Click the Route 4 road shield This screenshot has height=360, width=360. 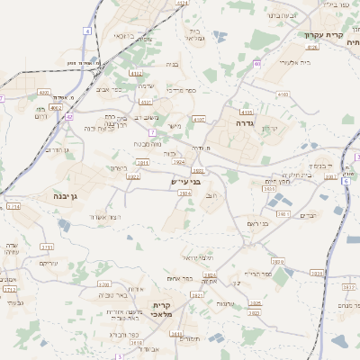(87, 31)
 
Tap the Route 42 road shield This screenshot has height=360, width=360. (69, 116)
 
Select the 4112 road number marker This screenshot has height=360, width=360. (136, 74)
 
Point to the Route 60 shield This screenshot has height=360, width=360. (257, 64)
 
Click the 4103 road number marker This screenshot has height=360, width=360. (283, 94)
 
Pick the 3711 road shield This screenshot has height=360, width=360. (47, 246)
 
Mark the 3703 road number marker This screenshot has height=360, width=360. (104, 283)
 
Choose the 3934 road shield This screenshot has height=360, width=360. (210, 274)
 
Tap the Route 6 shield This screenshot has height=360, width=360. (346, 181)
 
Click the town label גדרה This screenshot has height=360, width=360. (247, 121)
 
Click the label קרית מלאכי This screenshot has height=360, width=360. (167, 310)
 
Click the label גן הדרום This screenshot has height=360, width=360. (53, 149)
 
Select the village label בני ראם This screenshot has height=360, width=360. (257, 222)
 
